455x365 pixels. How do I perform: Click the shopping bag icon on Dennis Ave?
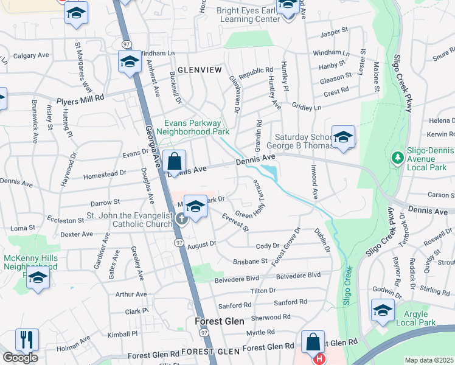pos(175,162)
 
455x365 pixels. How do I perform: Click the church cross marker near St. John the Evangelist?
pos(181,219)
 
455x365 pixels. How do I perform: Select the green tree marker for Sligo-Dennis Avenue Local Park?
pos(398,158)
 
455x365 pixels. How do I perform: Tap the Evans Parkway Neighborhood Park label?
pos(193,127)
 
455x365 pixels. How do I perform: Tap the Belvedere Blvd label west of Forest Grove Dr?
pos(237,280)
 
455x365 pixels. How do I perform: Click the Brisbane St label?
pos(250,261)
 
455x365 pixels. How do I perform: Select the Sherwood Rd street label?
pos(270,318)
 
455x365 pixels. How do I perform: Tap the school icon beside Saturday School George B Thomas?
pos(343,137)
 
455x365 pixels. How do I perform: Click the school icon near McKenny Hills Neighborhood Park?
pos(38,278)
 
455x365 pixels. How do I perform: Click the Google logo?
pos(20,358)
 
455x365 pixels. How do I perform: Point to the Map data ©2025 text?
pos(429,360)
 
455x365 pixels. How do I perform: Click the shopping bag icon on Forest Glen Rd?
pos(313,342)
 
